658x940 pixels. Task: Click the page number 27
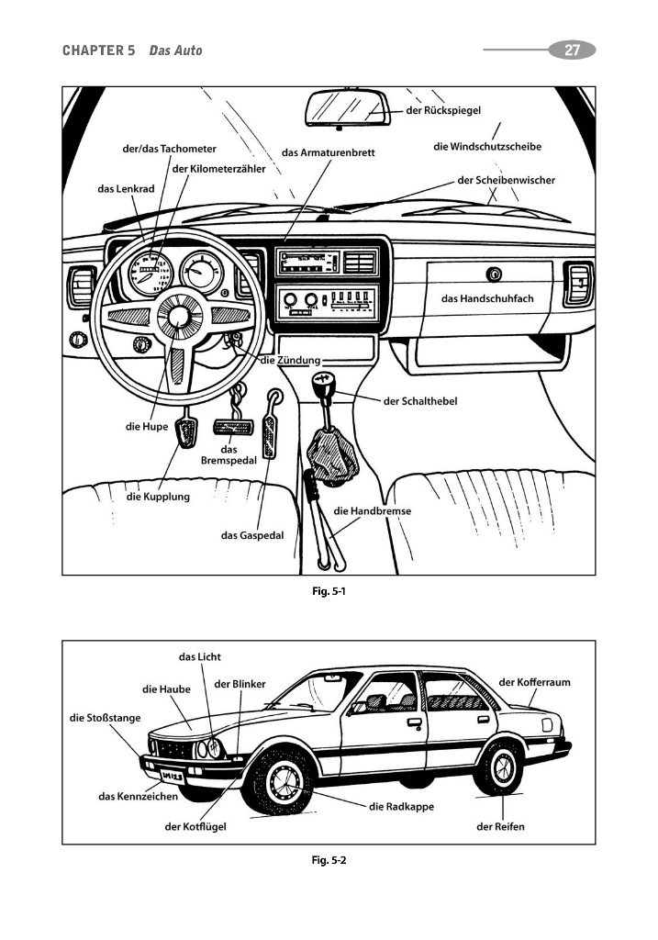click(572, 50)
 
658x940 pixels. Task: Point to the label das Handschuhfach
click(486, 298)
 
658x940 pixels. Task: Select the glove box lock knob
click(495, 274)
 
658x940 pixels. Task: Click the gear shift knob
click(322, 381)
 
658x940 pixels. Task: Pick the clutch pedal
click(188, 433)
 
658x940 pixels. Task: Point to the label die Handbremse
click(372, 511)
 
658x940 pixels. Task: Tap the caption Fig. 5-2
click(329, 860)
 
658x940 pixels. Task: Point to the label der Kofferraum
click(535, 682)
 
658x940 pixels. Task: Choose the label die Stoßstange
click(106, 718)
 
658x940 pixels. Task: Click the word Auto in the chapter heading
click(187, 50)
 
